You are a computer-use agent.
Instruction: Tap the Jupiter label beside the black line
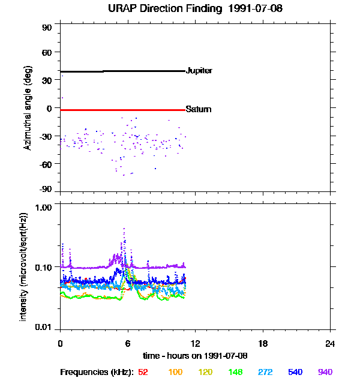click(199, 71)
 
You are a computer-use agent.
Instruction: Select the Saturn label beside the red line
click(199, 110)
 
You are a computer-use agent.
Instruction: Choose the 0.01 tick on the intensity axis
click(44, 327)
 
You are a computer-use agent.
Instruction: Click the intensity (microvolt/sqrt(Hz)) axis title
click(24, 266)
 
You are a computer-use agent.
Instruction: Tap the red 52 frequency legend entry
click(143, 373)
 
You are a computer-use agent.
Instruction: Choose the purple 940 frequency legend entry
click(325, 373)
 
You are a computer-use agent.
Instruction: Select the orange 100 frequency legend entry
click(175, 373)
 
